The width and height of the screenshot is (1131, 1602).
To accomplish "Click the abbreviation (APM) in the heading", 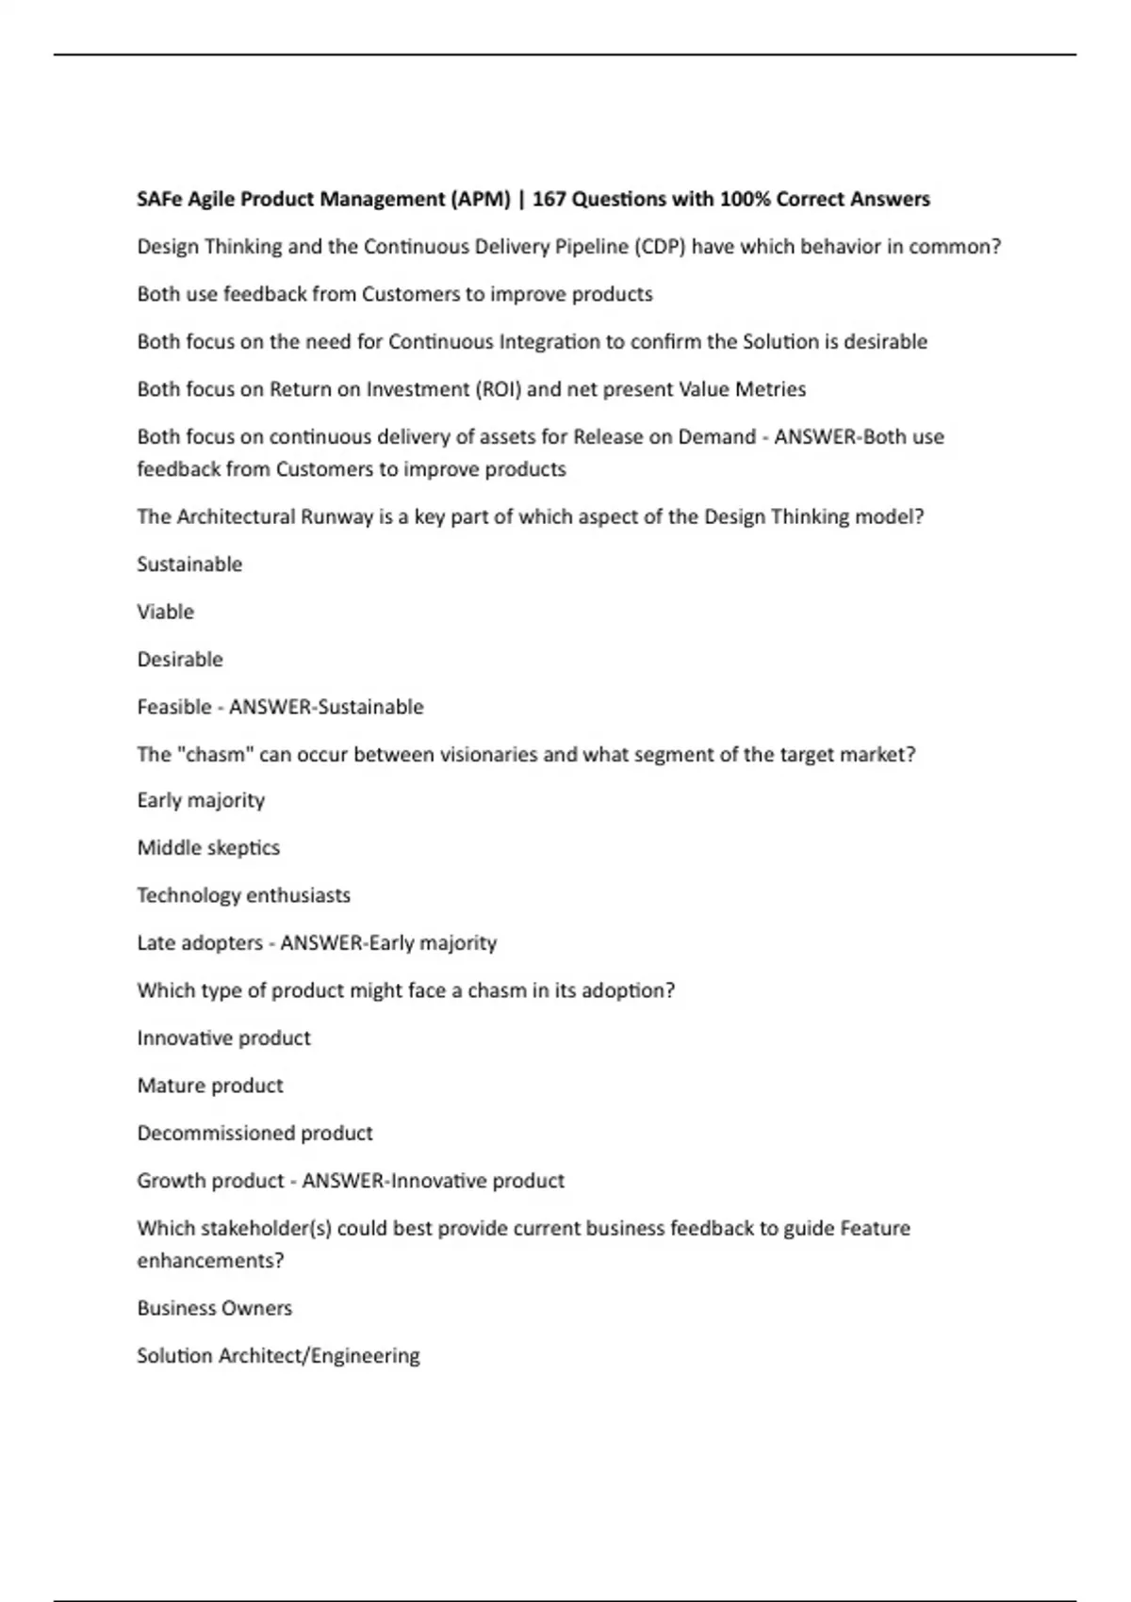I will coord(481,199).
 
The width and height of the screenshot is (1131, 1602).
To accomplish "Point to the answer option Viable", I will coord(166,612).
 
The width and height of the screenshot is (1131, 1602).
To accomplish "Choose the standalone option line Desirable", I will coord(180,660).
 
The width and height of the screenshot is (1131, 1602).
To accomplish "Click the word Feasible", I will coord(174,707).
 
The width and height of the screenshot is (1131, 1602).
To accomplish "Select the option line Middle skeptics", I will coord(208,848).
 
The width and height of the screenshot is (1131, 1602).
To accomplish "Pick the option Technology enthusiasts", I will coord(243,895).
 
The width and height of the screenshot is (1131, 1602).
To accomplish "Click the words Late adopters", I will coord(200,943).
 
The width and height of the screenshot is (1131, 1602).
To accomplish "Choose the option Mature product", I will coord(210,1086).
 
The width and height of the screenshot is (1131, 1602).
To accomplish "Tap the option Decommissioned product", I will coord(254,1133).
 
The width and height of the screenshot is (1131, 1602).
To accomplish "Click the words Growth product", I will coord(210,1181).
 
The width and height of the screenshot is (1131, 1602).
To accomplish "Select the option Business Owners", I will coord(215,1308).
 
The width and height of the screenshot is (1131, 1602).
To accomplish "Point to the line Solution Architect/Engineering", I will coord(278,1356).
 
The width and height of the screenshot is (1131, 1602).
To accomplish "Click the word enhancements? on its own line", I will coord(210,1261).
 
